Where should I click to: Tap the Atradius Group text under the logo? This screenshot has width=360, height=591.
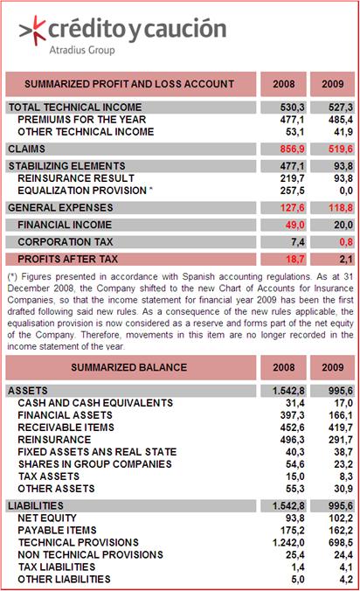[82, 50]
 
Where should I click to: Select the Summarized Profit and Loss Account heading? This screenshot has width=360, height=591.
[129, 84]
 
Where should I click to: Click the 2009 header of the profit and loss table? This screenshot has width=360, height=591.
[333, 84]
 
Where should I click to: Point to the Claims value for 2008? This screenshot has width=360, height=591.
[292, 149]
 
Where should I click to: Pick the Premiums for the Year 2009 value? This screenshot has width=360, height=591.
[341, 120]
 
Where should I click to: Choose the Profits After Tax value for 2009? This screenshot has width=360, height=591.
[346, 259]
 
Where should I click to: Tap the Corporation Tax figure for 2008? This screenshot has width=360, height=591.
[298, 241]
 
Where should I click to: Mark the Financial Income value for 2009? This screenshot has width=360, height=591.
[343, 225]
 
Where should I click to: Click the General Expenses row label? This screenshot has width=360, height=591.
[60, 208]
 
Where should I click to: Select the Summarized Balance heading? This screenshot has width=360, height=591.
[128, 367]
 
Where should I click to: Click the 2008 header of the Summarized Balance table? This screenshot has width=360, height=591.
[284, 367]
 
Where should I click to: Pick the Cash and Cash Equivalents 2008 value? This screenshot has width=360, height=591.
[295, 403]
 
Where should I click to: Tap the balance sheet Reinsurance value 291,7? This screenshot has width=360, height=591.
[341, 440]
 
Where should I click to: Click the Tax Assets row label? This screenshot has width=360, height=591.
[49, 476]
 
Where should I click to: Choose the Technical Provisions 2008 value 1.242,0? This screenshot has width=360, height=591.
[288, 542]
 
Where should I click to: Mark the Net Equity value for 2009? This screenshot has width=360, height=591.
[341, 518]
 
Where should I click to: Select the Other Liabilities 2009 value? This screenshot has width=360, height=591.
[346, 579]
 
